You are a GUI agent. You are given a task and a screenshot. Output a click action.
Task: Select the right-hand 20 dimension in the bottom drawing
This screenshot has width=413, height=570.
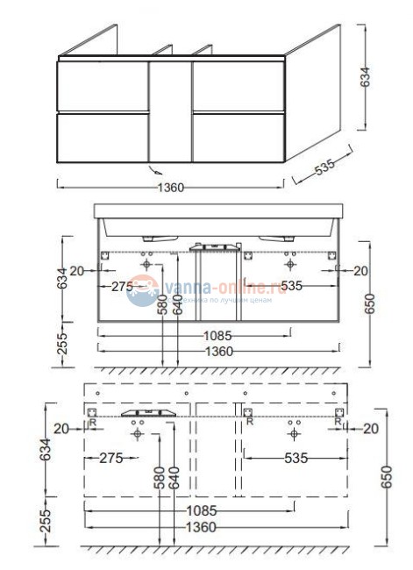368,428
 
